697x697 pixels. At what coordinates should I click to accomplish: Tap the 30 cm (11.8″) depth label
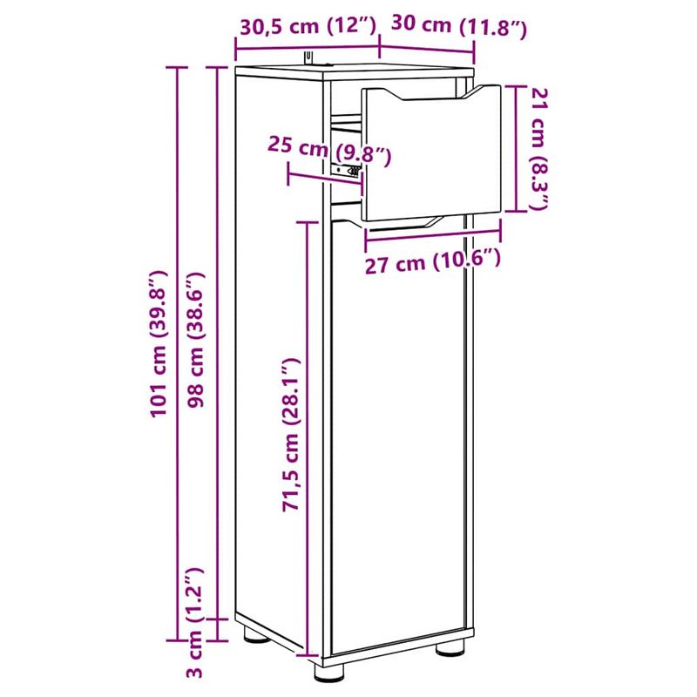coord(459,27)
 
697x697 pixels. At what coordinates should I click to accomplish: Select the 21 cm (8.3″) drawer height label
coord(539,151)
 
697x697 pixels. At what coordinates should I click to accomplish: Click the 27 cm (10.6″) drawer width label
coord(433,261)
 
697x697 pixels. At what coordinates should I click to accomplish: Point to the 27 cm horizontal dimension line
coord(433,233)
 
